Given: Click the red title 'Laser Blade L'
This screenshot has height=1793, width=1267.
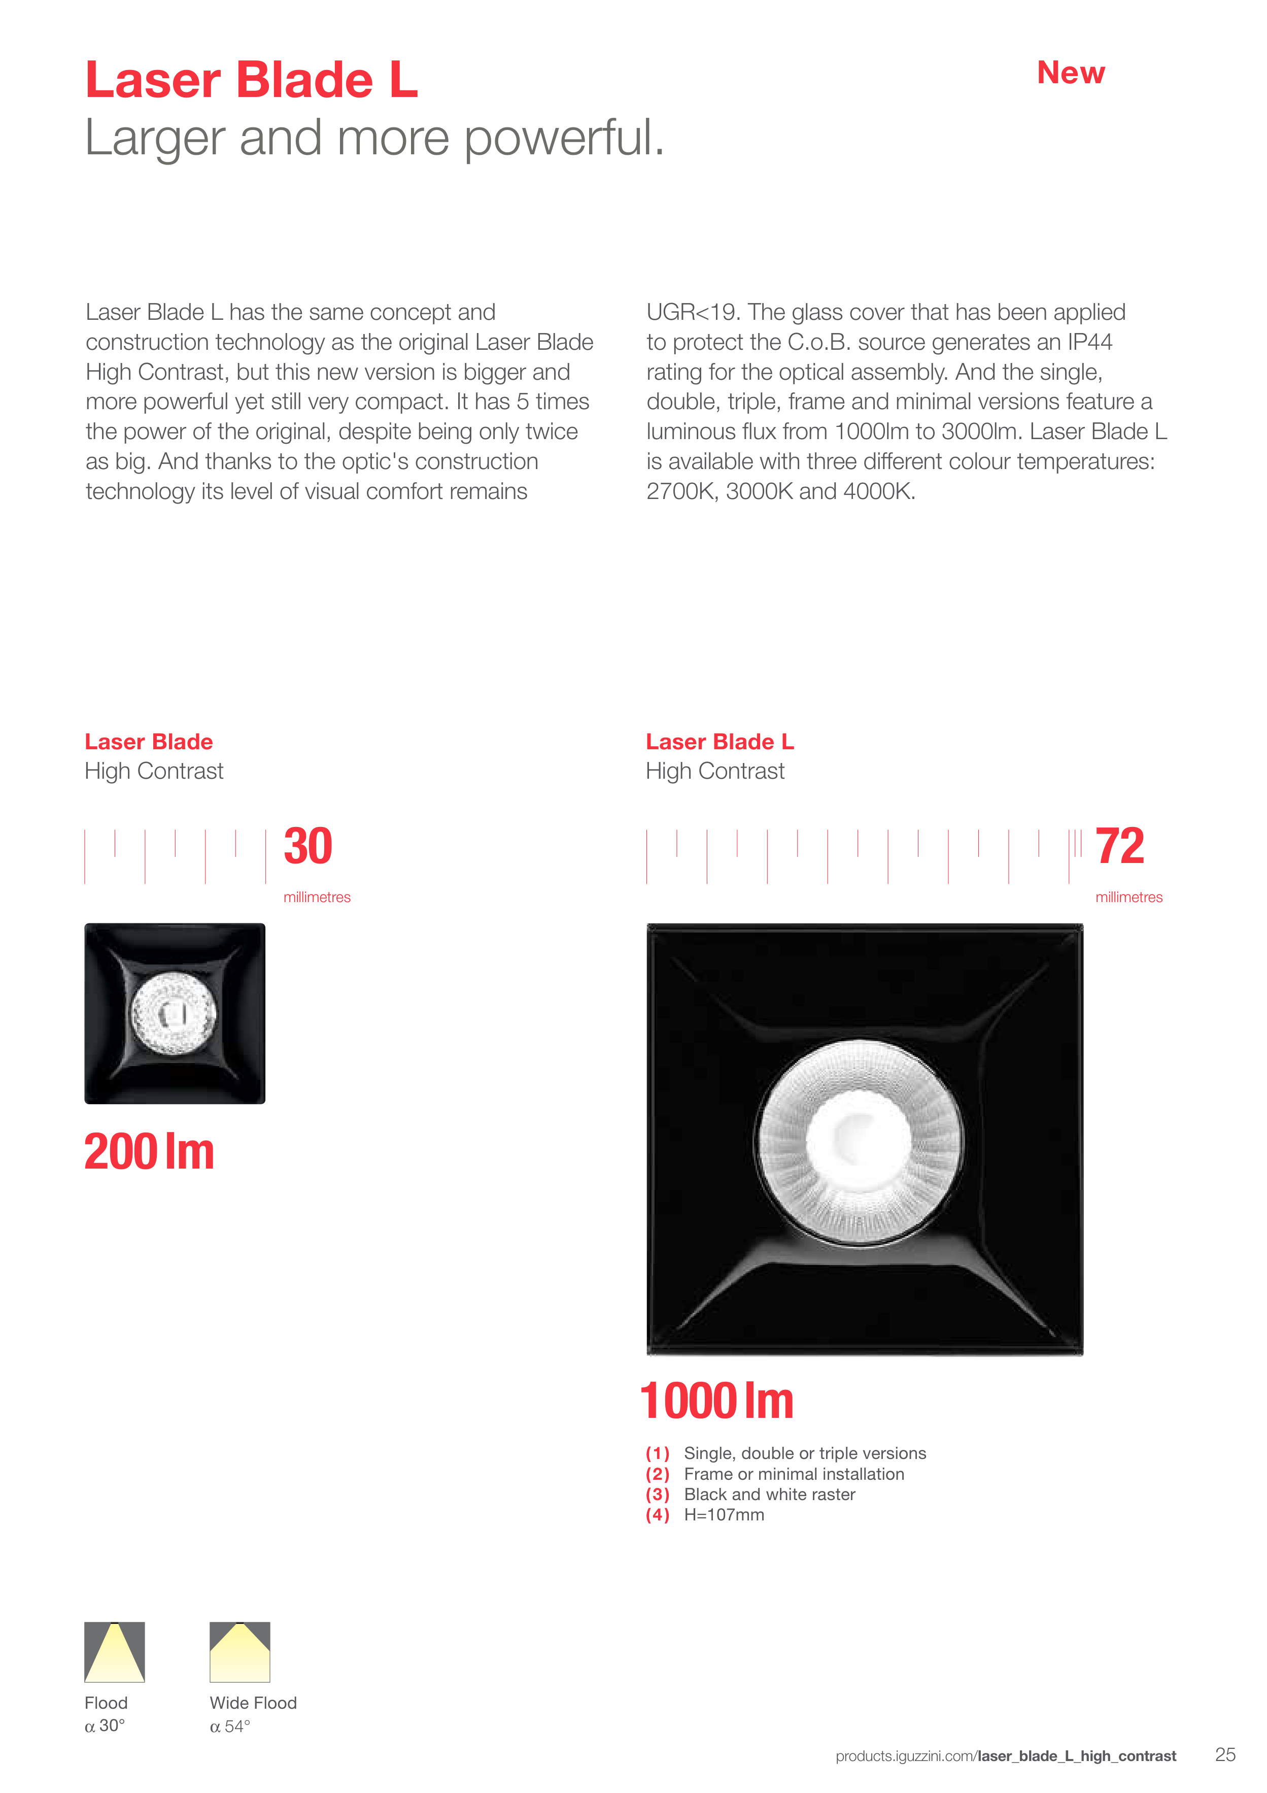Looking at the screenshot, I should (x=251, y=80).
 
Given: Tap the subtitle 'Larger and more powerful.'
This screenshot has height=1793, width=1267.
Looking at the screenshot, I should (x=374, y=138).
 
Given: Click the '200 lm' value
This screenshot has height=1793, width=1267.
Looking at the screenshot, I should (x=149, y=1152).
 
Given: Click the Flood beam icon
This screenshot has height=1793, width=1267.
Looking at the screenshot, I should (x=115, y=1652).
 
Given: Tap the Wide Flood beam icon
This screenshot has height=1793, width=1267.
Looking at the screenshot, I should (x=239, y=1652).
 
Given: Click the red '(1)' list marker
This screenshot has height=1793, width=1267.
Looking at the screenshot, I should (x=657, y=1453).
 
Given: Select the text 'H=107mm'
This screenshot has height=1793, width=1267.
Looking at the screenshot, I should (x=724, y=1515).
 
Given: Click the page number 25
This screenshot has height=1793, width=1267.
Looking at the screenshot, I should (x=1225, y=1755).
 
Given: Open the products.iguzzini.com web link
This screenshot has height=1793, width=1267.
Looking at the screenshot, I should (x=1006, y=1756).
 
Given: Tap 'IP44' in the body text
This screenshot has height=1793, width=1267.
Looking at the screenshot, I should (x=1090, y=342).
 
